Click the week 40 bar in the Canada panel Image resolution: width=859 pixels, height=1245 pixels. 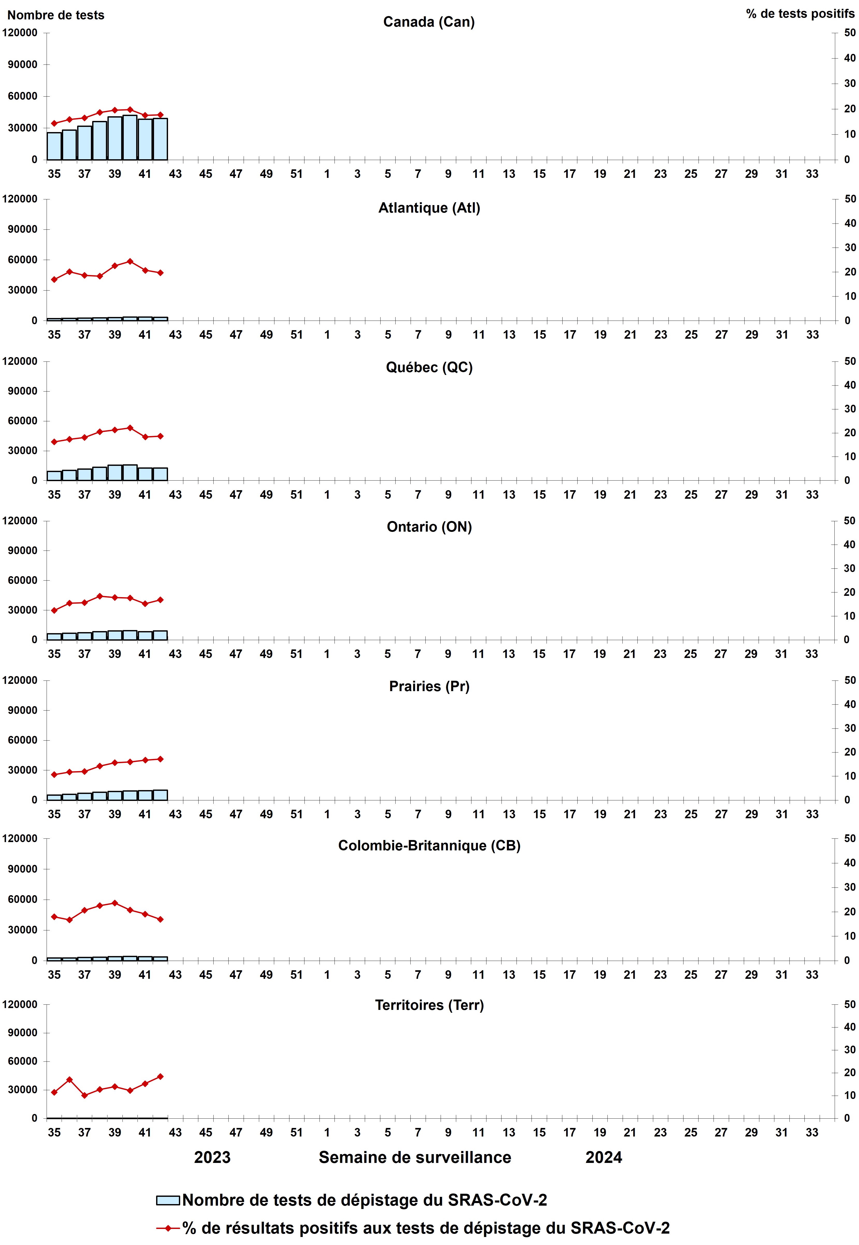pos(130,138)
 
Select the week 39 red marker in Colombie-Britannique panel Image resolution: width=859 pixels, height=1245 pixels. pos(115,903)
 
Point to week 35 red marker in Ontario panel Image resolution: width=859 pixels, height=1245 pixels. pos(54,610)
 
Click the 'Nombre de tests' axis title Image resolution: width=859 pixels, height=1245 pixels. pos(55,15)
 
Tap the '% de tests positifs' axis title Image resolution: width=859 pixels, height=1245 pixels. pos(800,14)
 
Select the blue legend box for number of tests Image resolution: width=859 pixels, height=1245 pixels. pos(168,1200)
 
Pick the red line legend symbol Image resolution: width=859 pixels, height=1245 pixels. pos(168,1228)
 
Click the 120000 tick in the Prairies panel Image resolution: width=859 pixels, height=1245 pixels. pos(20,680)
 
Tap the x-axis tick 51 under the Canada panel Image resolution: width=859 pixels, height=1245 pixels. pos(297,174)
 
